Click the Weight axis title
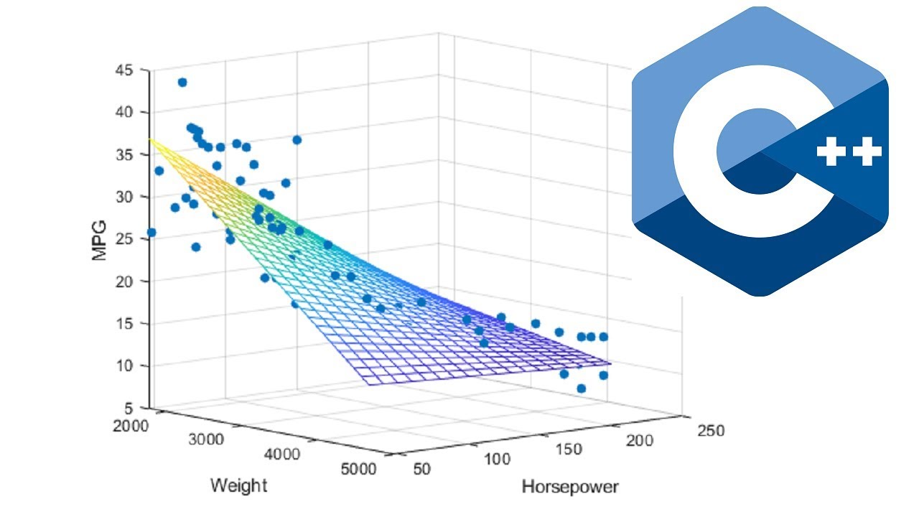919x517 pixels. coord(238,486)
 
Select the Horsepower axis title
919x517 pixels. coord(569,488)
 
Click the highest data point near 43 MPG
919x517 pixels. coord(182,83)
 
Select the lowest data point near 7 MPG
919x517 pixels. coord(581,388)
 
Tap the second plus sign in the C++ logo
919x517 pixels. coord(867,152)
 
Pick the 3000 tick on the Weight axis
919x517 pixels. coord(207,440)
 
